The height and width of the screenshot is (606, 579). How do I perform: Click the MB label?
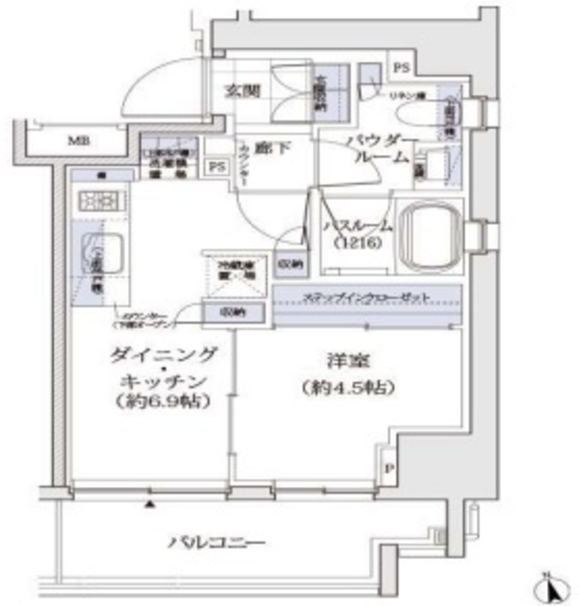point(75,141)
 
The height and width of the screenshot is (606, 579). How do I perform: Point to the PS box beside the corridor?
point(217,167)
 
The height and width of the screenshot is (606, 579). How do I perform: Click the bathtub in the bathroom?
point(429,236)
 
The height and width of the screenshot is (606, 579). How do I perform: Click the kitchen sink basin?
point(102,253)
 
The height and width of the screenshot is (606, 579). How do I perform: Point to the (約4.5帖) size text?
point(347,388)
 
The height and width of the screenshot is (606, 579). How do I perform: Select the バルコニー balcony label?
point(216,542)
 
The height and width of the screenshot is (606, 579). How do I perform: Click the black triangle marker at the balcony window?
point(150,505)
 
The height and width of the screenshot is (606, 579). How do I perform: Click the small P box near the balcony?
point(388,469)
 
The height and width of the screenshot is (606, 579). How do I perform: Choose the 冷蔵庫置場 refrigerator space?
point(234,276)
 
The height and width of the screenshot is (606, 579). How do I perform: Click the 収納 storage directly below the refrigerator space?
point(233,312)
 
